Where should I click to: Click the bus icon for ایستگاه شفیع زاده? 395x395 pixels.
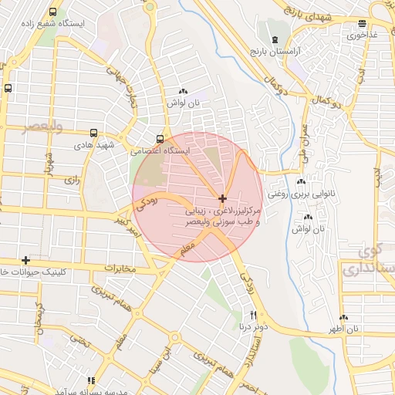pos(52,12)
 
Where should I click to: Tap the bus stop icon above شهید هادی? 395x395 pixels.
pos(94,133)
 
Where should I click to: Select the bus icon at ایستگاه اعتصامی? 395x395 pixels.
pos(160,139)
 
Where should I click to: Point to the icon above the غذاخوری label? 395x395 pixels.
pos(363,24)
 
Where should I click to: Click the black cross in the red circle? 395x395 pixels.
pos(223,198)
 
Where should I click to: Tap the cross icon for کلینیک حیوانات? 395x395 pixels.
pos(25,260)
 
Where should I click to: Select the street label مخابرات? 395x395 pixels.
pos(119,269)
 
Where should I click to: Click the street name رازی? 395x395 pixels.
pos(73,179)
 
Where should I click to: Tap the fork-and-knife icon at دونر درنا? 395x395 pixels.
pos(253,316)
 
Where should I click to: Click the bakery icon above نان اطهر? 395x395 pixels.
pos(343,317)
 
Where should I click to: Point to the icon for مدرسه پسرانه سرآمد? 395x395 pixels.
pos(92,380)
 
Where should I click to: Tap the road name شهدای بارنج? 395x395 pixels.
pos(308,15)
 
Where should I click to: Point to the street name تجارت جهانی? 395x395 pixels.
pos(131,89)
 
